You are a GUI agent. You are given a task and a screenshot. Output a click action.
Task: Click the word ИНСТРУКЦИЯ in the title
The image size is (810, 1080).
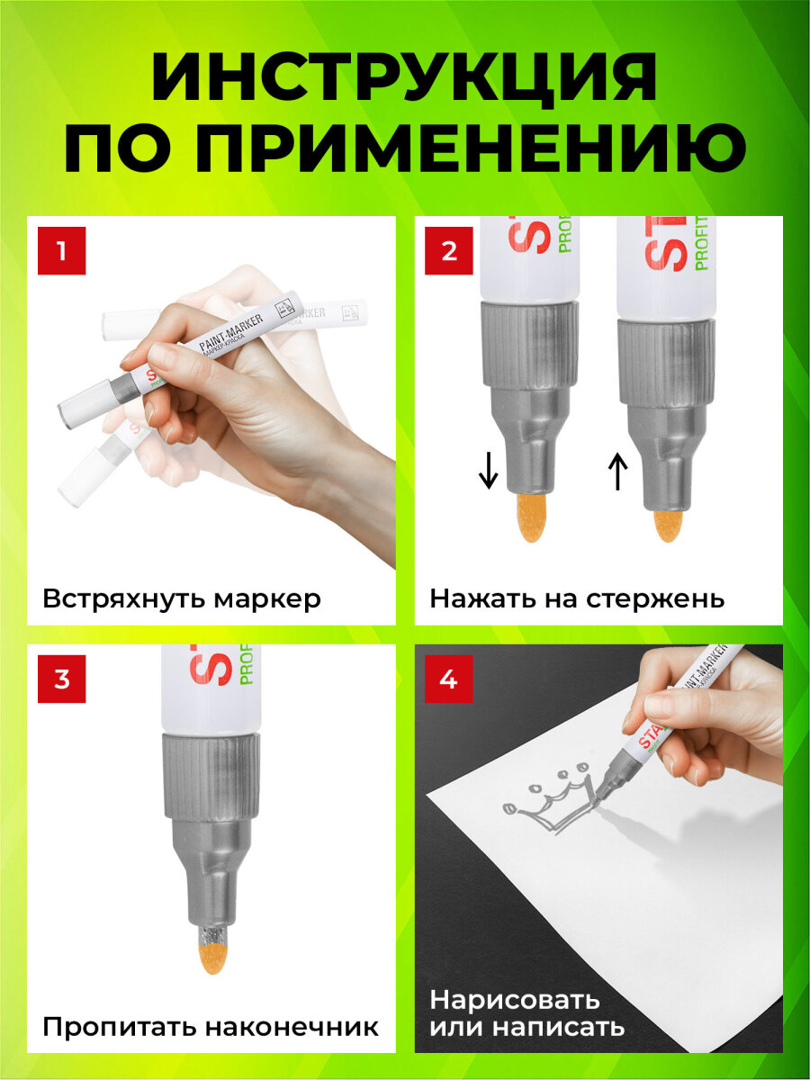(404, 78)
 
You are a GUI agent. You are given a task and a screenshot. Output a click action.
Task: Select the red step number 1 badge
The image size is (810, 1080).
(61, 250)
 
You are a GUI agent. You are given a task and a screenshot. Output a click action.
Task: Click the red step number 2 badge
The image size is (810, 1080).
(449, 250)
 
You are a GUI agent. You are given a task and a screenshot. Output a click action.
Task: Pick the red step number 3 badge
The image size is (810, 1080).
(61, 679)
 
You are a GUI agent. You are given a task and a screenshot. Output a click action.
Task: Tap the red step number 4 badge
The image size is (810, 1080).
(449, 679)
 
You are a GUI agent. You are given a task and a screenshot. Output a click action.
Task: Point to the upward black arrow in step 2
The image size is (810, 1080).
(617, 472)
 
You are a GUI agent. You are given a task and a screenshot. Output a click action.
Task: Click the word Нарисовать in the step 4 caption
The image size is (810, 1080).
(514, 1000)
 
